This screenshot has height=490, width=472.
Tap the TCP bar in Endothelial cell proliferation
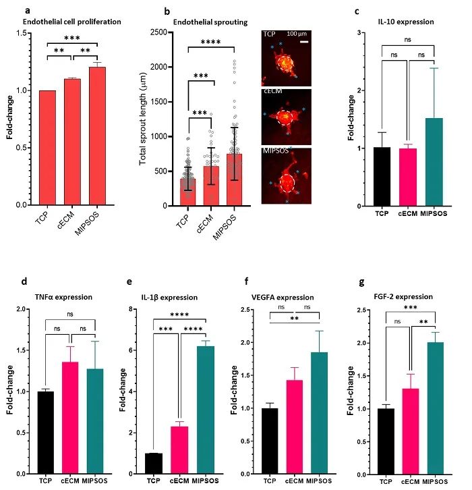click(x=47, y=147)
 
